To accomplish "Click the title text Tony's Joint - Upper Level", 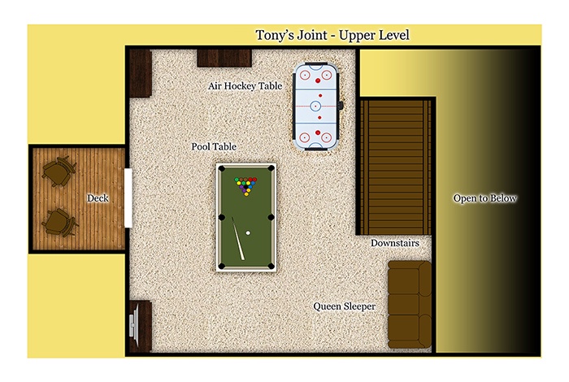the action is pyautogui.click(x=332, y=36).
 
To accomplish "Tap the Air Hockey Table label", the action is pyautogui.click(x=245, y=86).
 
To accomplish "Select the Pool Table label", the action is pyautogui.click(x=214, y=146).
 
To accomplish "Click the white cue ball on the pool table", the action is pyautogui.click(x=248, y=233).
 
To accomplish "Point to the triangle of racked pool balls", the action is pyautogui.click(x=245, y=186).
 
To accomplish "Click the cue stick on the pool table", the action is pyautogui.click(x=238, y=239).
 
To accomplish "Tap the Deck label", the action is pyautogui.click(x=98, y=198).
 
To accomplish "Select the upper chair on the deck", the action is pyautogui.click(x=59, y=171).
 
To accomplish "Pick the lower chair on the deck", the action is pyautogui.click(x=59, y=222).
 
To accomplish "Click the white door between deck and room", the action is pyautogui.click(x=128, y=198).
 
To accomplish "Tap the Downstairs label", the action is pyautogui.click(x=395, y=243).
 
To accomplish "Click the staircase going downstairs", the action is pyautogui.click(x=396, y=167).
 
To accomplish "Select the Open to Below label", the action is pyautogui.click(x=484, y=198).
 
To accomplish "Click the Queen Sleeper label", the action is pyautogui.click(x=345, y=306).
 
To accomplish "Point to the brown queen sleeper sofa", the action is pyautogui.click(x=410, y=304).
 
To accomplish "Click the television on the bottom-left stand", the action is pyautogui.click(x=134, y=325).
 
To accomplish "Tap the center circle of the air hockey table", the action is pyautogui.click(x=315, y=106).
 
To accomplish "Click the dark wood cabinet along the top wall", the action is pyautogui.click(x=224, y=58).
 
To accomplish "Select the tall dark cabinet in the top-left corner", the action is pyautogui.click(x=141, y=73).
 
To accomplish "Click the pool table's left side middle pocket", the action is pyautogui.click(x=222, y=218).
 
